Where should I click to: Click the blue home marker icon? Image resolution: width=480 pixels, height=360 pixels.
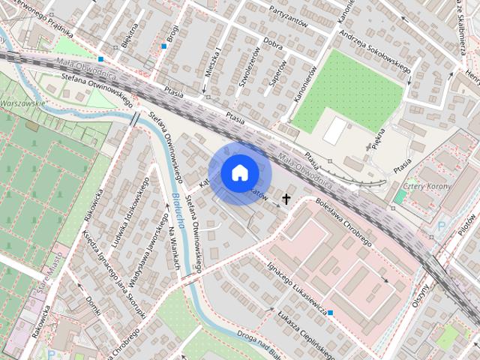(x=238, y=172)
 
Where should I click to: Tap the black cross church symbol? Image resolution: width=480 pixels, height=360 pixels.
(x=286, y=199)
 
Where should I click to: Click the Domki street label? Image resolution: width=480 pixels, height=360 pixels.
(x=94, y=304)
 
